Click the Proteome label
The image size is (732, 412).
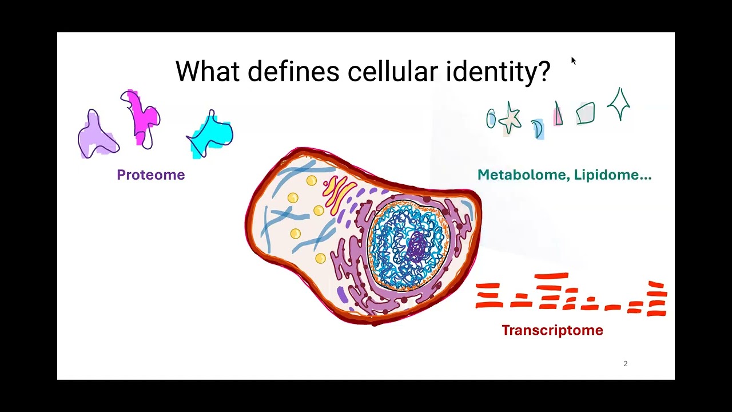pyautogui.click(x=150, y=175)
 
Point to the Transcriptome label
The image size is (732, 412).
pyautogui.click(x=552, y=330)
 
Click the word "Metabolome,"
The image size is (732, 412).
pyautogui.click(x=523, y=175)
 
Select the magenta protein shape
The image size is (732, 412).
pyautogui.click(x=141, y=117)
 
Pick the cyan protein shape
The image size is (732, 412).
pyautogui.click(x=212, y=134)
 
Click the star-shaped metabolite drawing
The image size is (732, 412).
pyautogui.click(x=510, y=118)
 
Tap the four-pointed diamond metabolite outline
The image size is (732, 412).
pyautogui.click(x=618, y=104)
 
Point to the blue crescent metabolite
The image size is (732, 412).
pyautogui.click(x=538, y=129)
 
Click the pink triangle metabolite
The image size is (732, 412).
pyautogui.click(x=558, y=114)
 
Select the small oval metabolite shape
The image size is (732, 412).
pyautogui.click(x=491, y=118)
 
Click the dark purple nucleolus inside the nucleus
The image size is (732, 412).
pyautogui.click(x=417, y=247)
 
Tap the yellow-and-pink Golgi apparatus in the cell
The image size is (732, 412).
pyautogui.click(x=338, y=193)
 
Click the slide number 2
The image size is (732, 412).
pyautogui.click(x=625, y=363)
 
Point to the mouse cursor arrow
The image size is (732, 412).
pyautogui.click(x=574, y=61)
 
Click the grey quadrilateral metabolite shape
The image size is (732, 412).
pyautogui.click(x=586, y=113)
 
